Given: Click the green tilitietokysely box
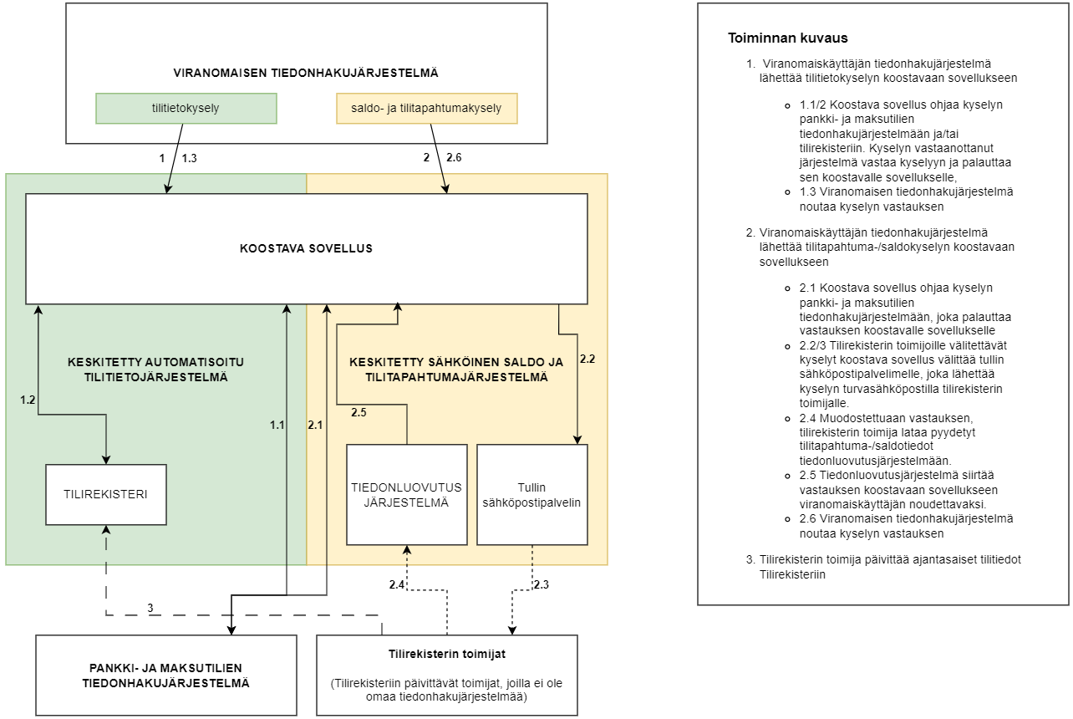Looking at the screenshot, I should (186, 108).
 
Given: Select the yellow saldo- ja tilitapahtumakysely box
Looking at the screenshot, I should (426, 108).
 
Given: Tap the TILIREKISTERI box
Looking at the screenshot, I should (105, 494).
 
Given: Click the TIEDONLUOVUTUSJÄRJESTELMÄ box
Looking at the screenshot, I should (406, 494).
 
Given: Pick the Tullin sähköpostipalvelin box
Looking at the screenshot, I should (531, 494).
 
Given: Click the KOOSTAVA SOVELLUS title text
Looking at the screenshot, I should (306, 248).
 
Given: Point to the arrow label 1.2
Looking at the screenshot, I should (28, 400).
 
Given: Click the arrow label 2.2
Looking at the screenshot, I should (587, 359).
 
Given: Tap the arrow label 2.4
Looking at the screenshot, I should (397, 584).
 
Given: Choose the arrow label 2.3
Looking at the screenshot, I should (542, 584).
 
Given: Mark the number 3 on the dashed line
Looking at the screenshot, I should (150, 607).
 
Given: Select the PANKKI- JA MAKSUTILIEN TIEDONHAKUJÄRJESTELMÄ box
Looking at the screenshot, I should (165, 676).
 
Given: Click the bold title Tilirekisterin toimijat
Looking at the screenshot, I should (446, 654).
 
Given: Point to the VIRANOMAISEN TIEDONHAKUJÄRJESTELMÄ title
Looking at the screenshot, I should (306, 73).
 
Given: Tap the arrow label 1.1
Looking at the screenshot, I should (277, 426).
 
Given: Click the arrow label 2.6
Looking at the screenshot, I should (454, 157).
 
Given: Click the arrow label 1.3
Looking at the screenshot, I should (189, 157).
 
